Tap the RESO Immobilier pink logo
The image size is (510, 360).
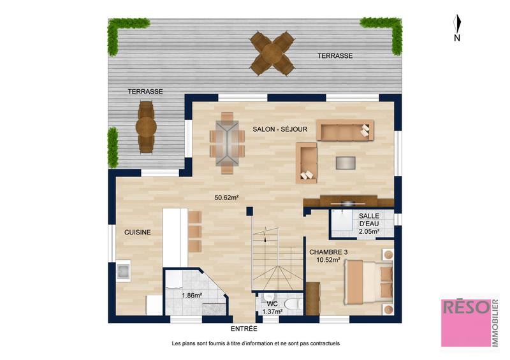(x=469, y=322)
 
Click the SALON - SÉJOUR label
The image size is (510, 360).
(x=280, y=129)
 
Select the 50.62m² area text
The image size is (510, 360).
(x=226, y=198)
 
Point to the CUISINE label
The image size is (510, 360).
(x=137, y=233)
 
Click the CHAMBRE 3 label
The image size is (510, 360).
(x=328, y=252)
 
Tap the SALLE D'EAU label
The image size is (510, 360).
(x=369, y=224)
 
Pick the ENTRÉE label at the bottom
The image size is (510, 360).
(x=244, y=329)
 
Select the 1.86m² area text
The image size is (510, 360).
(x=191, y=296)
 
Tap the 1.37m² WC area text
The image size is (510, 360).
(x=272, y=310)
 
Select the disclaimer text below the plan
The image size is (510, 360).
(x=256, y=343)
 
